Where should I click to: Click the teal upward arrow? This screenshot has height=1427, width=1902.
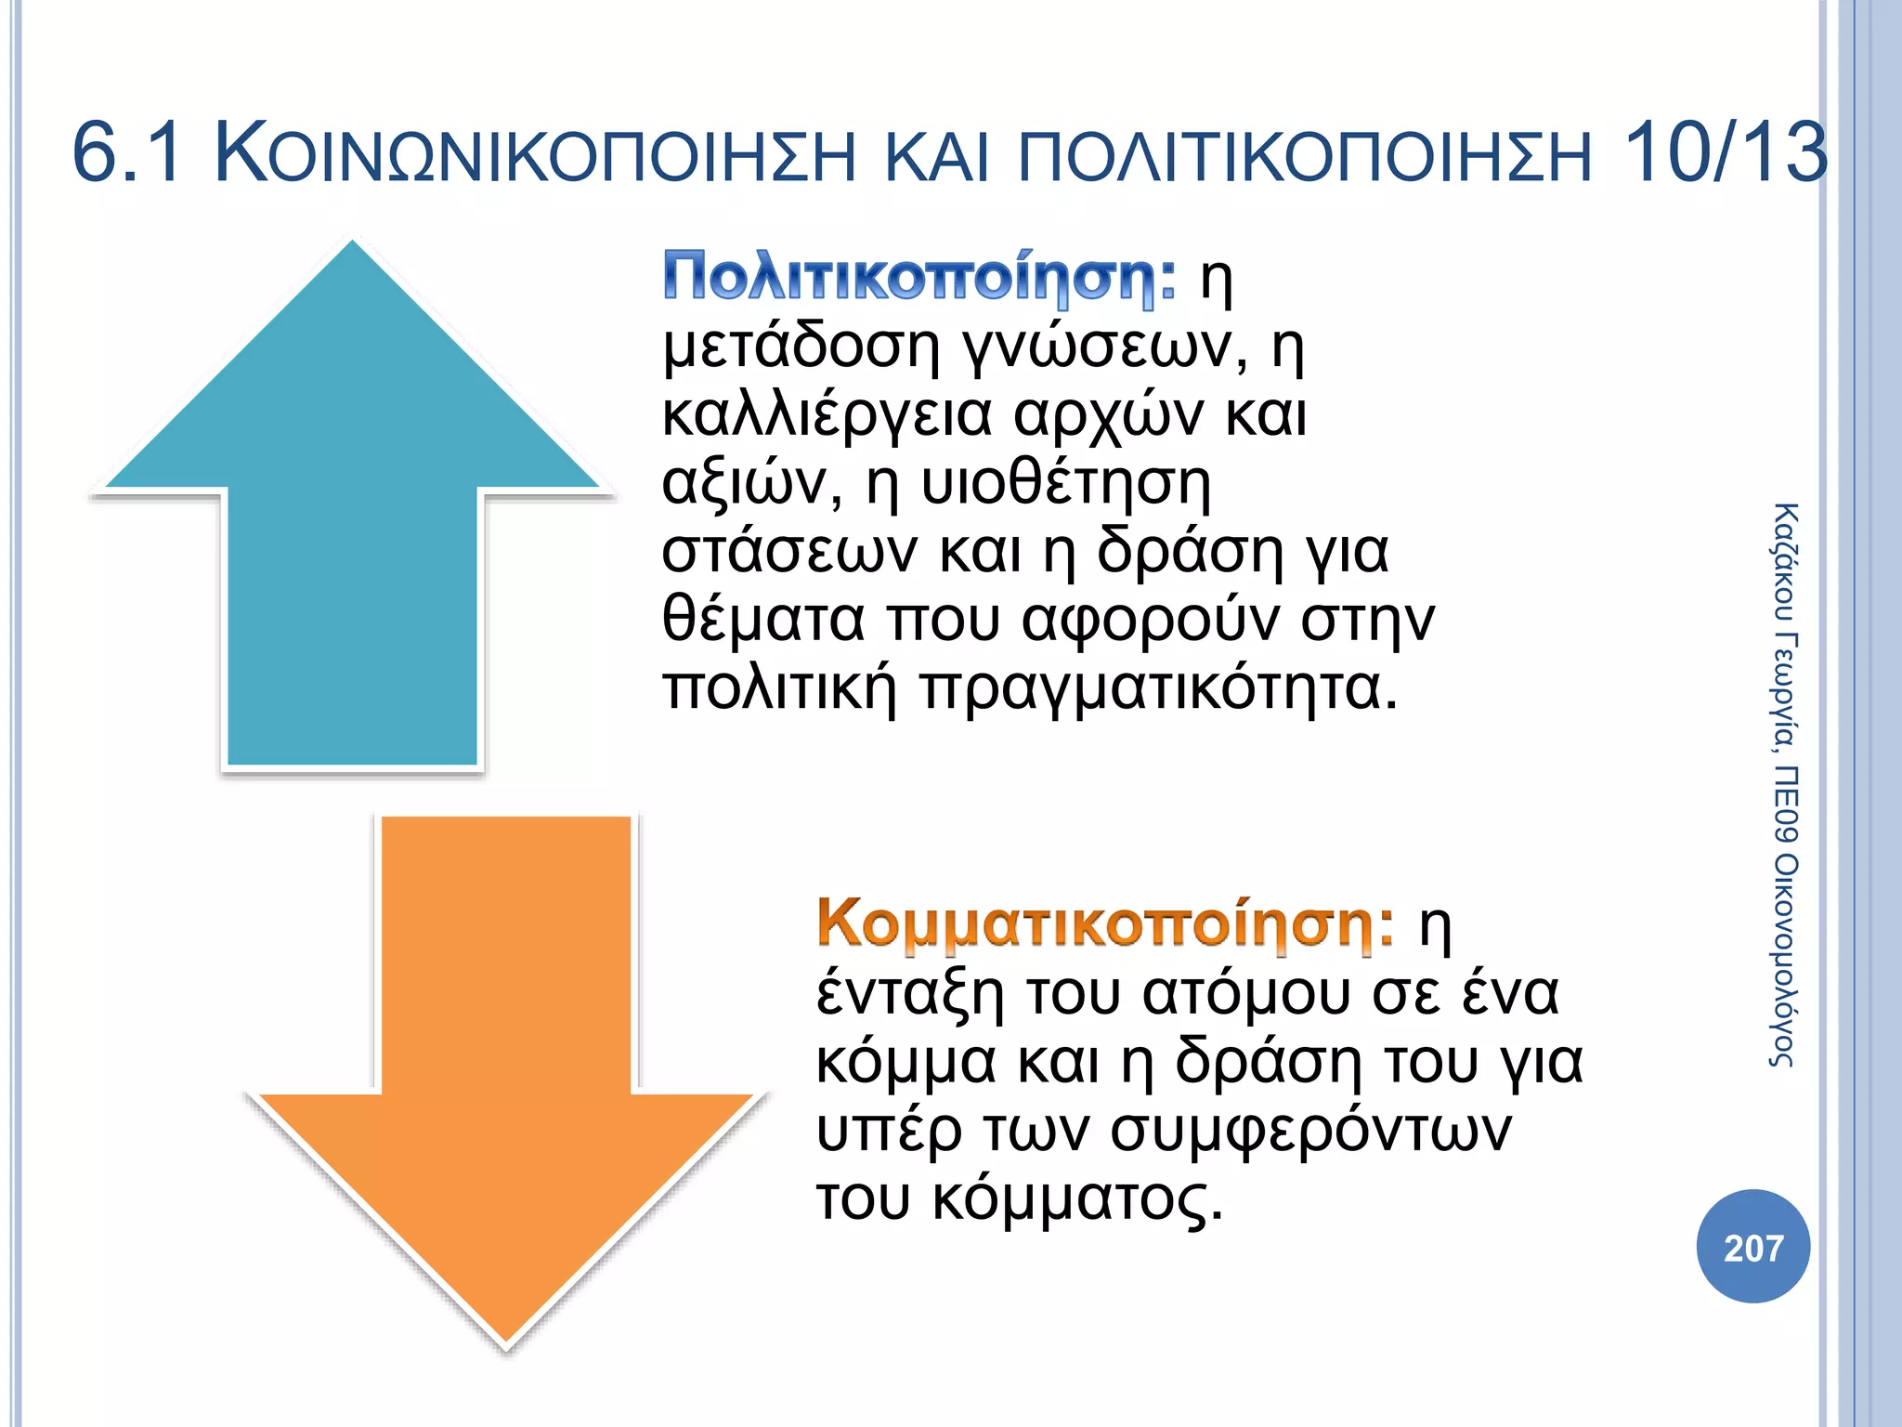click(353, 520)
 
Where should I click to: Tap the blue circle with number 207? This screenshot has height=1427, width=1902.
click(1752, 1247)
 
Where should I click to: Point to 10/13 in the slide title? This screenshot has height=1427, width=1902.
click(1725, 153)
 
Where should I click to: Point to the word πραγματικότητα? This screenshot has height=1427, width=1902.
click(1158, 689)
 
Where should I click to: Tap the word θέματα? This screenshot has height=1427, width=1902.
click(762, 620)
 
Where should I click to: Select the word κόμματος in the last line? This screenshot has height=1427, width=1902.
click(1077, 1199)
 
